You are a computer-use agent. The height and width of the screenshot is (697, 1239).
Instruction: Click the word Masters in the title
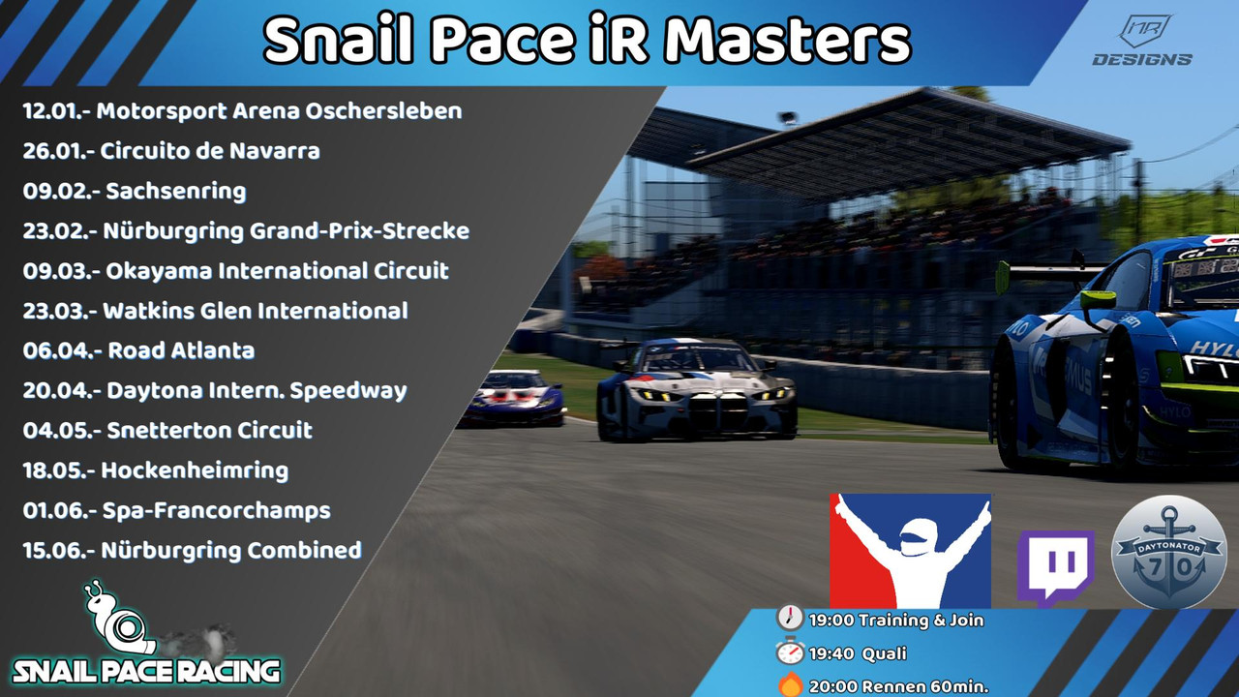[x=787, y=41]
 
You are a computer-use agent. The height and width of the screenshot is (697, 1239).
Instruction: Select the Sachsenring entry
[x=176, y=191]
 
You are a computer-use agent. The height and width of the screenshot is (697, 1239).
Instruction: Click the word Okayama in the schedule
[x=158, y=272]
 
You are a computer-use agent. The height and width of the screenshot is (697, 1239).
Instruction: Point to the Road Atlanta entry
[x=181, y=350]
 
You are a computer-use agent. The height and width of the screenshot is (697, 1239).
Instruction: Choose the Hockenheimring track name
[x=195, y=470]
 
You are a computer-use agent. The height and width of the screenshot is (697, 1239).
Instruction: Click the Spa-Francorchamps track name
[x=216, y=511]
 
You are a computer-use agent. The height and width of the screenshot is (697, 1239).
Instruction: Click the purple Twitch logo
[x=1055, y=568]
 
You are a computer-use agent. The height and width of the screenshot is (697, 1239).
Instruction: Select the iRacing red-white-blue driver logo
[x=911, y=551]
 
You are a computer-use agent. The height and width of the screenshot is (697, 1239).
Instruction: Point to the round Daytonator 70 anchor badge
[x=1168, y=553]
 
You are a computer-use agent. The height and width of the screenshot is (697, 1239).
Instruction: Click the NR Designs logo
[x=1143, y=41]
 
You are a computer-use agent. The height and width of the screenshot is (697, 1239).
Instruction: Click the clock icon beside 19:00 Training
[x=790, y=618]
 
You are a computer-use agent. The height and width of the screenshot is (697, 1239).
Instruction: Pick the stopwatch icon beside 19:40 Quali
[x=790, y=652]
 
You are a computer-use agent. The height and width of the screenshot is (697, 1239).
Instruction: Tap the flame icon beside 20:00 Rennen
[x=791, y=684]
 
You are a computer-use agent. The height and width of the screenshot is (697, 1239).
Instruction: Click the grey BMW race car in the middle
[x=697, y=389]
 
